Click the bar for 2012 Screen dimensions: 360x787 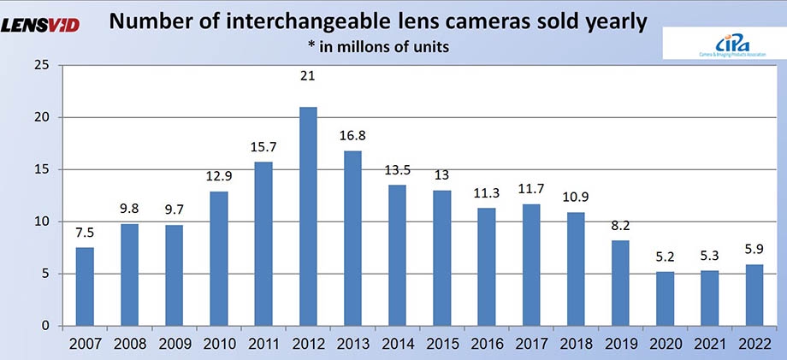click(x=309, y=216)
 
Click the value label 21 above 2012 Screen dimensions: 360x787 click(x=309, y=77)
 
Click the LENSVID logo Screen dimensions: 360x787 click(x=40, y=25)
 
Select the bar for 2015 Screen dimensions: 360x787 click(x=442, y=258)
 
